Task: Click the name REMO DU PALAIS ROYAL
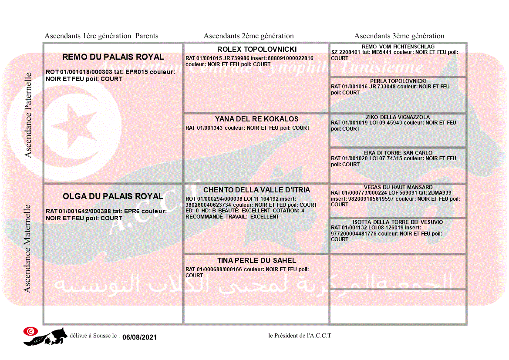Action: [113, 57]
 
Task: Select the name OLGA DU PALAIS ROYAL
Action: [113, 196]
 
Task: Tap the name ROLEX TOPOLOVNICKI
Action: [256, 49]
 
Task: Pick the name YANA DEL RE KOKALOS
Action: [256, 119]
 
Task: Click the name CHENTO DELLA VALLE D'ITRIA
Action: [256, 190]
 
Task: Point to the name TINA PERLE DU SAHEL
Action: [256, 260]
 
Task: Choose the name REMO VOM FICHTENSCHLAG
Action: [398, 47]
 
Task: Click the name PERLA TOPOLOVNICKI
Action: [398, 81]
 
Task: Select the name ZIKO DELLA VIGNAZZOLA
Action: [398, 117]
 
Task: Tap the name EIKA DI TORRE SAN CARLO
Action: [398, 153]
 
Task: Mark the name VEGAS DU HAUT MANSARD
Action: [398, 187]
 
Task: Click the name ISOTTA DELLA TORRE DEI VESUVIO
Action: [398, 222]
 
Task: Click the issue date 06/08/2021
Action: [139, 337]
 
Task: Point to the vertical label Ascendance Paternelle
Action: [28, 115]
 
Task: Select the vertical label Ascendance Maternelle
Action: [27, 249]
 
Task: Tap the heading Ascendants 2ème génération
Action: [249, 36]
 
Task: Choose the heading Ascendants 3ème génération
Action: [399, 36]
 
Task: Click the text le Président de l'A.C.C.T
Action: [300, 335]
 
